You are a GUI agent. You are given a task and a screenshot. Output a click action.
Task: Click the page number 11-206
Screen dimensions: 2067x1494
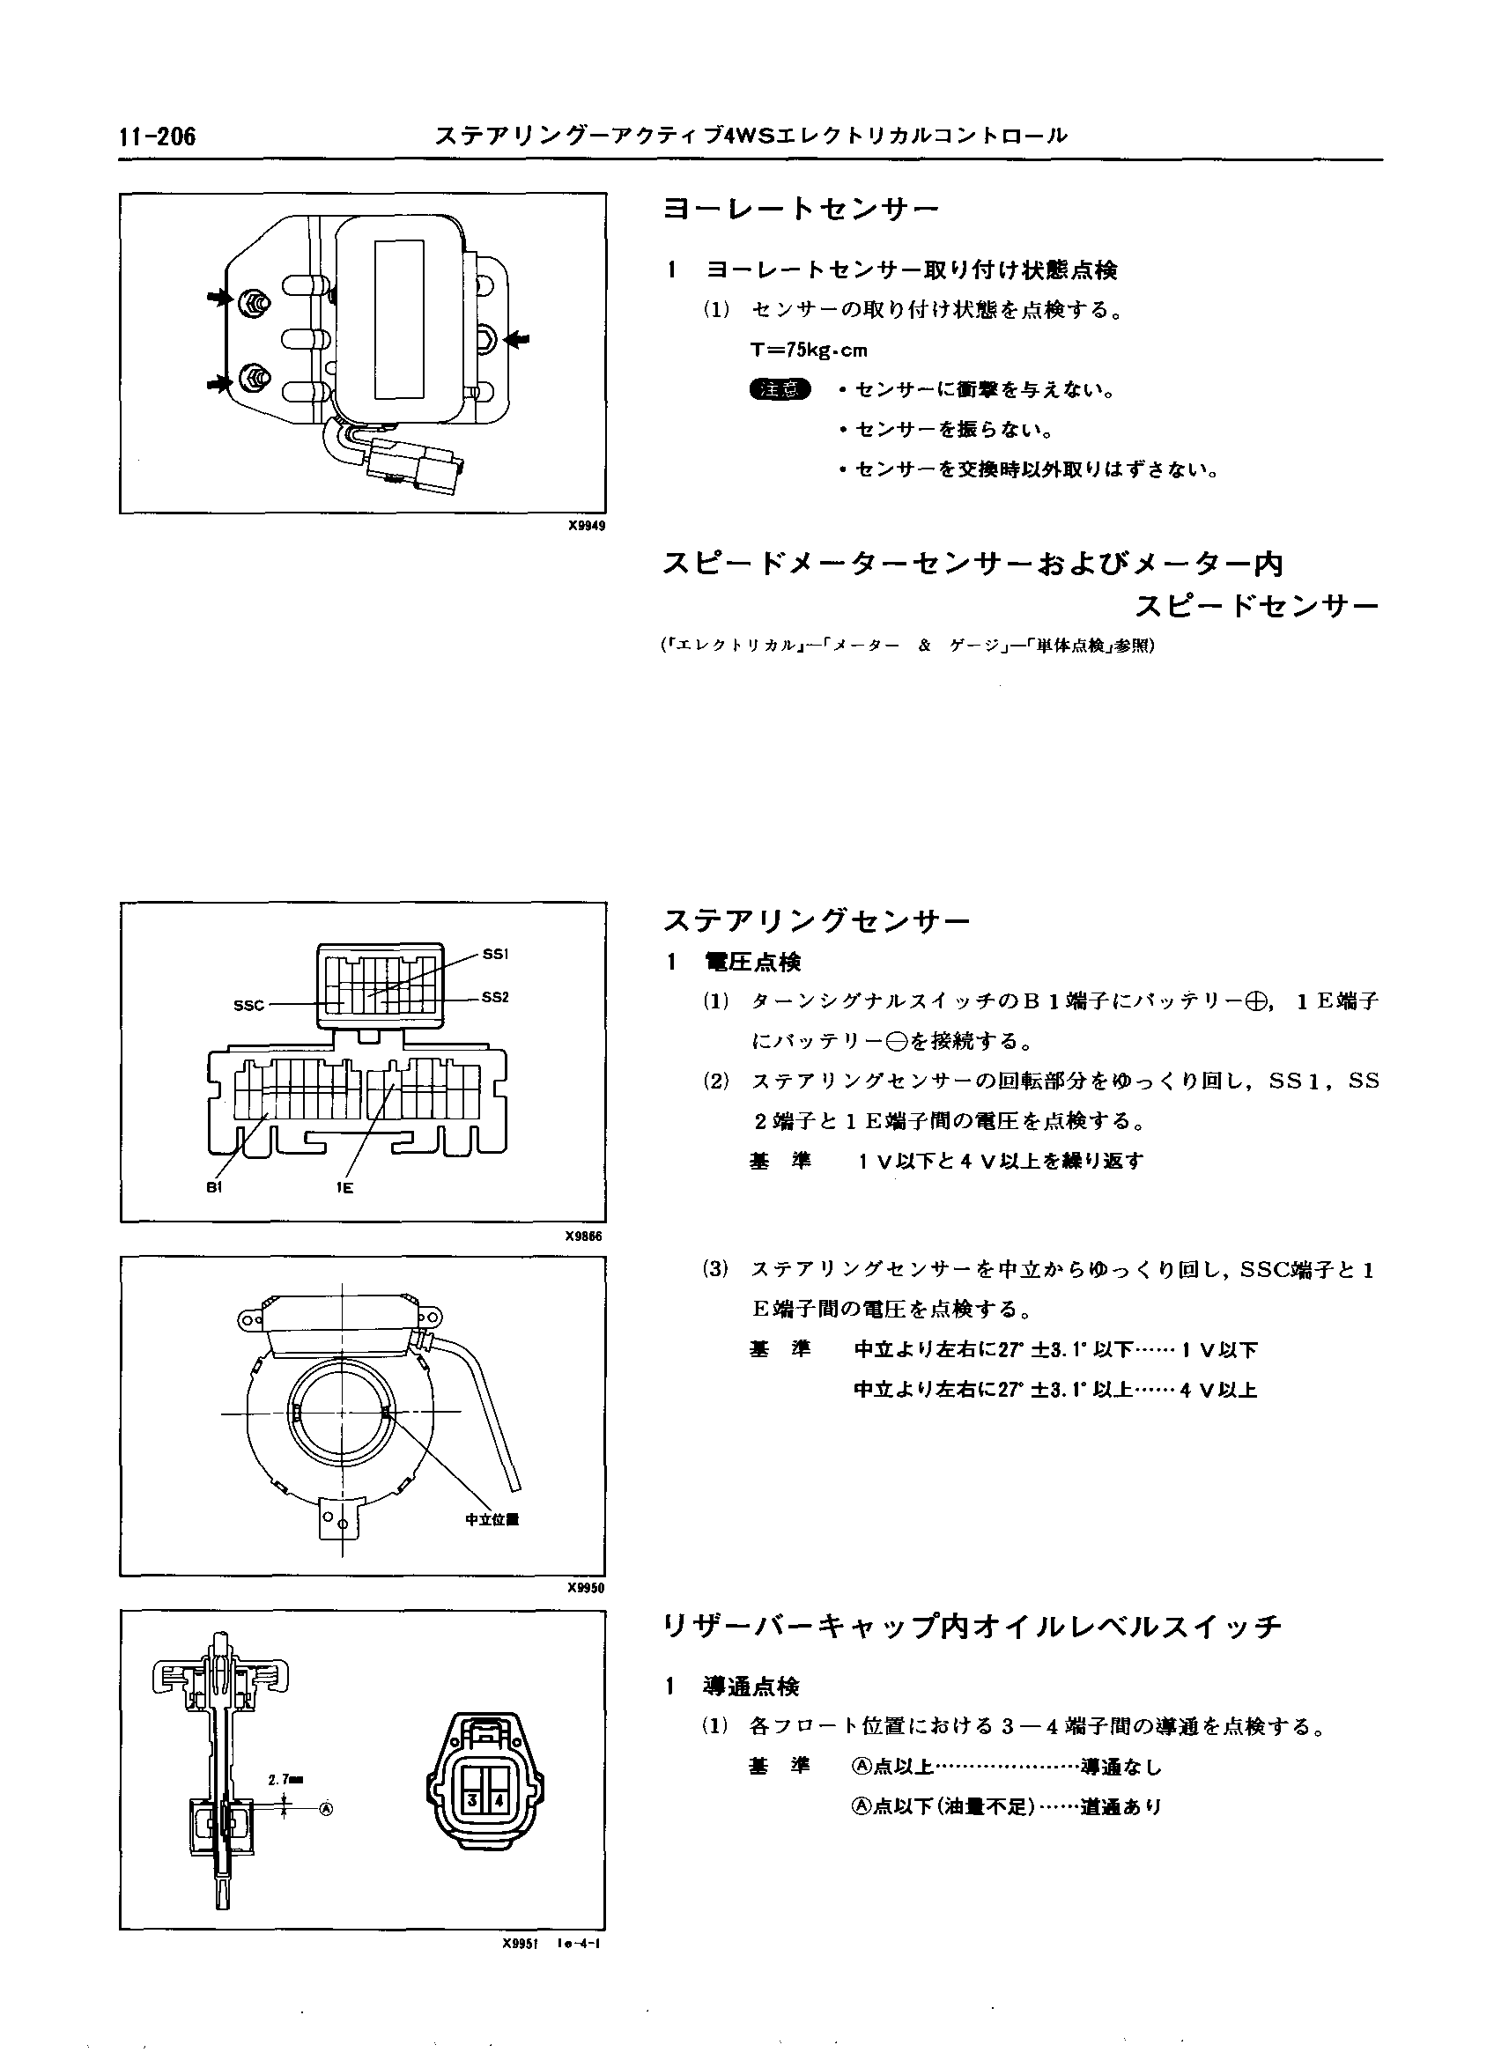[157, 137]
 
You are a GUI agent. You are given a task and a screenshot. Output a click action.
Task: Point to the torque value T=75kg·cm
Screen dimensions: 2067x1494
[809, 350]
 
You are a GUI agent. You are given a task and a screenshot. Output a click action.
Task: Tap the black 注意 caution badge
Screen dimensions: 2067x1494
[780, 390]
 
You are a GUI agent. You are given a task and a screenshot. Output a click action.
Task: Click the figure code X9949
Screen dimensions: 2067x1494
[585, 526]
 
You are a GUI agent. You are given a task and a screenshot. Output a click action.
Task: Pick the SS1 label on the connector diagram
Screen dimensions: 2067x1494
[495, 954]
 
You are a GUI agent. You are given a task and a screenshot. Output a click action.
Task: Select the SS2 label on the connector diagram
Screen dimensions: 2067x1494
[495, 997]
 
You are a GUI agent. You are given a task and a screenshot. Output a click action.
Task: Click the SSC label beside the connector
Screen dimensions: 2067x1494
[248, 1005]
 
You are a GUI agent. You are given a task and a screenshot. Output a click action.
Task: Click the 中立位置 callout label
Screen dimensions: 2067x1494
[492, 1519]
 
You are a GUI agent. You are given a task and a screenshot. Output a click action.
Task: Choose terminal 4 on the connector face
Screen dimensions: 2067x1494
[499, 1801]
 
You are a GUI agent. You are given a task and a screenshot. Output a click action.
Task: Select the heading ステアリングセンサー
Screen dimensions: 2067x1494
[817, 921]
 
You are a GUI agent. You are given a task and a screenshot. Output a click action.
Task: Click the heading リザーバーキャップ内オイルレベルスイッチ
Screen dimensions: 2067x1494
[972, 1627]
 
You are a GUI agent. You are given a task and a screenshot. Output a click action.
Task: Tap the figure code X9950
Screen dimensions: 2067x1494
[585, 1588]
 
